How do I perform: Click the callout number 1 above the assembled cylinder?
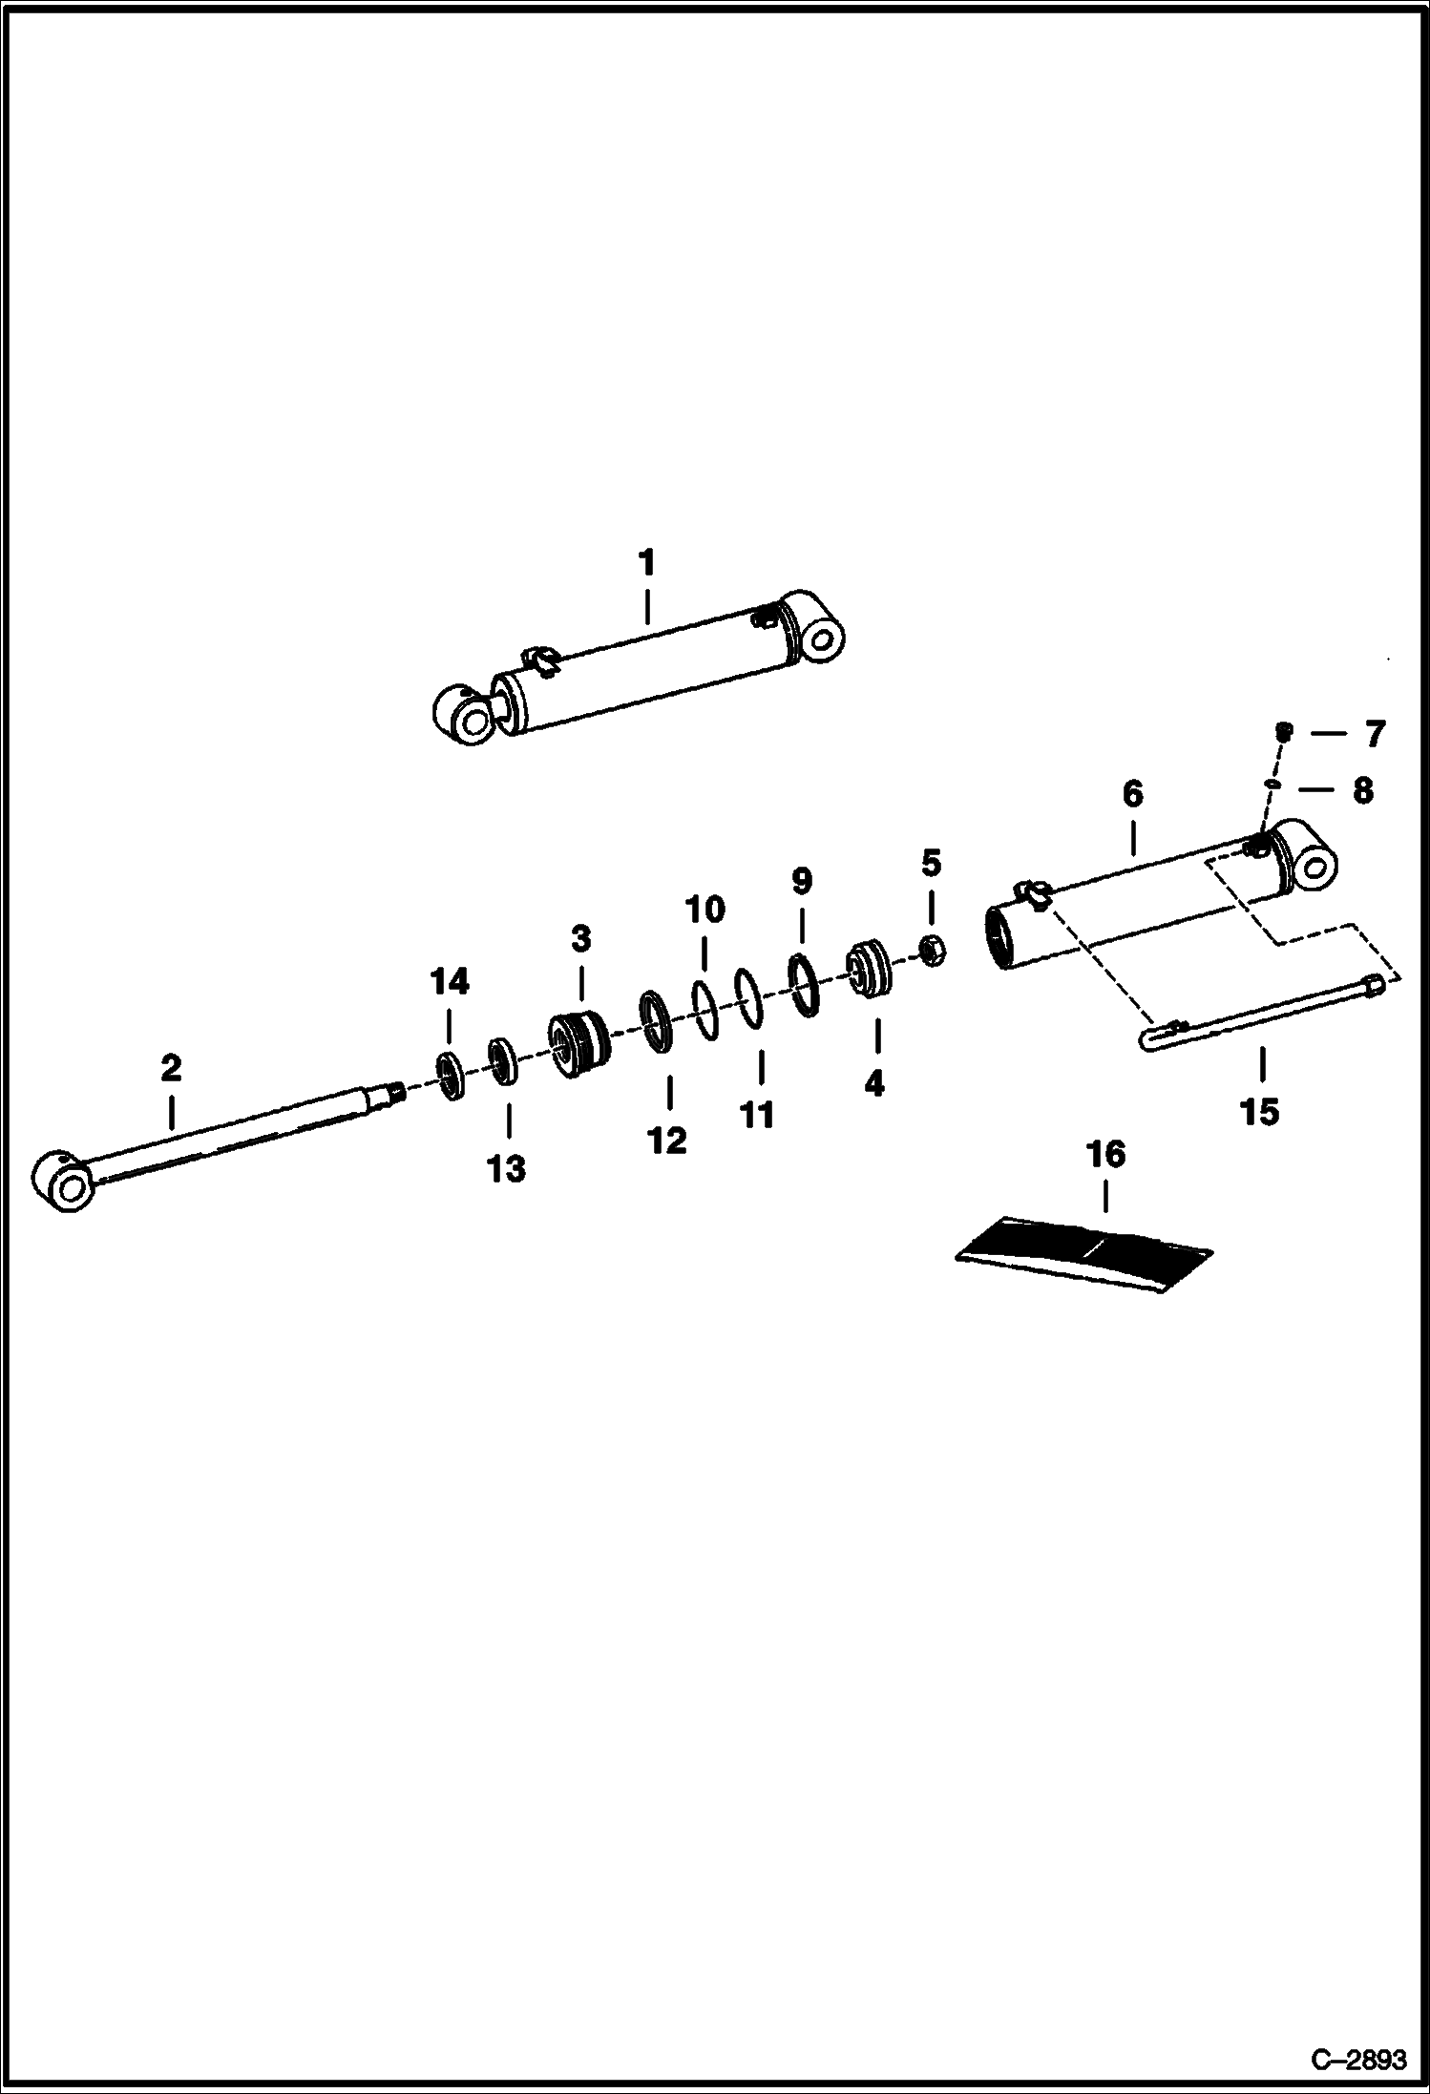coord(647,563)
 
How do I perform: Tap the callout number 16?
coord(1106,1155)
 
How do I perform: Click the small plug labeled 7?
coord(1284,733)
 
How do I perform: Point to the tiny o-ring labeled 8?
coord(1272,785)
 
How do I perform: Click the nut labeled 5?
coord(932,950)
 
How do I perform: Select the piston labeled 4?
coord(871,972)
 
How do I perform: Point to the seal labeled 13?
coord(501,1059)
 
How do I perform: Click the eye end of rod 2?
coord(64,1183)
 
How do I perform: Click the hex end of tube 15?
coord(1375,985)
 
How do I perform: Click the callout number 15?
coord(1258,1111)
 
